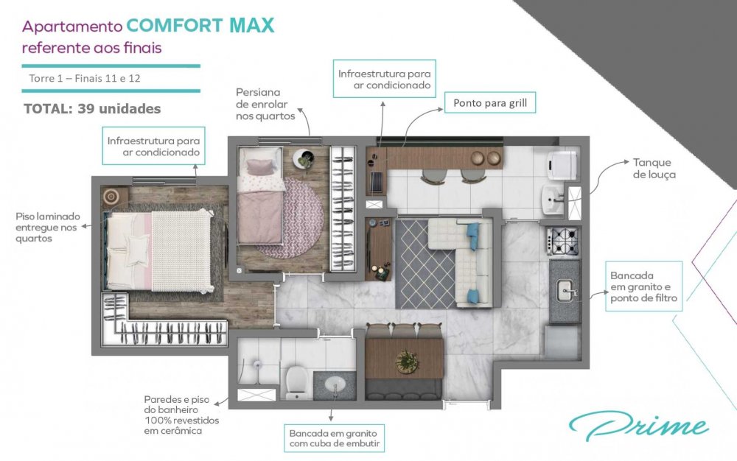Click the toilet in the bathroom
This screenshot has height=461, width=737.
296,383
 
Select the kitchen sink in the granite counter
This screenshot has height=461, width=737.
565,292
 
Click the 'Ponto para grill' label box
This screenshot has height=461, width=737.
490,103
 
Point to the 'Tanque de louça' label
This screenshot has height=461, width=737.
654,168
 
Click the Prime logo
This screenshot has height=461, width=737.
639,426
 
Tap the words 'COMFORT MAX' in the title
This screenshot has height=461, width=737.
200,25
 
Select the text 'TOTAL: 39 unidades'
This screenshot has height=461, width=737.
92,109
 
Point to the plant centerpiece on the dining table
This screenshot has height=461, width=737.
406,362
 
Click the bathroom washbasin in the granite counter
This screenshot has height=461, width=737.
335,386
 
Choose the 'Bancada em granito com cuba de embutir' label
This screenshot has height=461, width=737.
334,438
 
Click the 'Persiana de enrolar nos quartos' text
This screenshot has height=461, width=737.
265,105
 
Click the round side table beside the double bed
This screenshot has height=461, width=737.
111,197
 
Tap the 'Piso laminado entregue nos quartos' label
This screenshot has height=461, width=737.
47,228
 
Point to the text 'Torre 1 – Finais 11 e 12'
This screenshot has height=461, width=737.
85,78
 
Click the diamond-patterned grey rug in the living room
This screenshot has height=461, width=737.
425,264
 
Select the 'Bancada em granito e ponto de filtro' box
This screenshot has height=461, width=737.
643,286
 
